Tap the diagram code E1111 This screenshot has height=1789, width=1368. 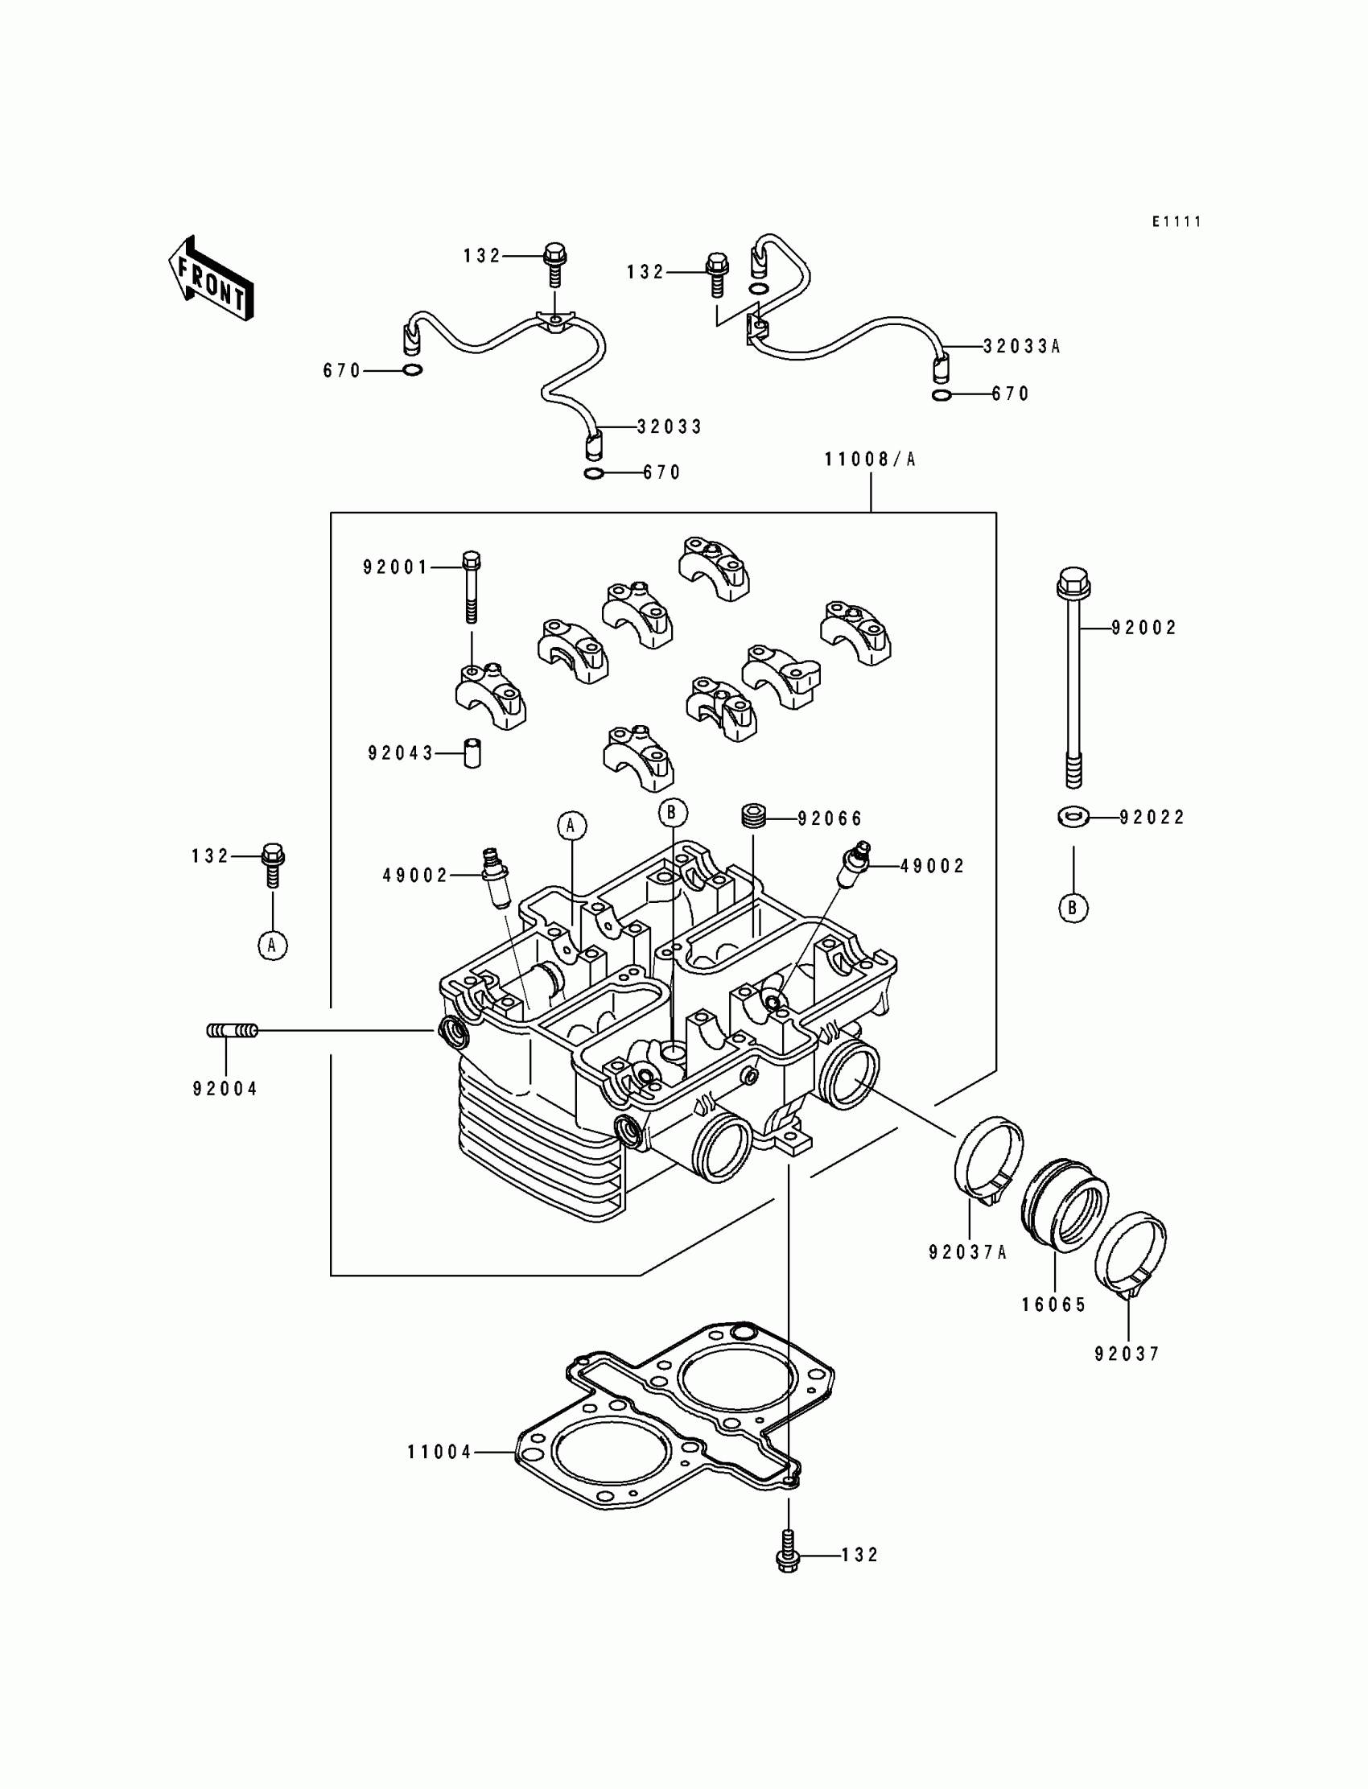1176,221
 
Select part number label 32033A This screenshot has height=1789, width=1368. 1022,346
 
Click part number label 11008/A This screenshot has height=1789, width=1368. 871,460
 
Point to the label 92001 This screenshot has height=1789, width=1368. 396,567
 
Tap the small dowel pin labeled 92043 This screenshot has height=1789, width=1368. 472,752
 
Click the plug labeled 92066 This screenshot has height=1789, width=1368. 753,816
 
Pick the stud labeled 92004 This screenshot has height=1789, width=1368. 232,1031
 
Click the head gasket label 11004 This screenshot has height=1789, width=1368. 439,1452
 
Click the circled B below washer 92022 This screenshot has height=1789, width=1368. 1073,908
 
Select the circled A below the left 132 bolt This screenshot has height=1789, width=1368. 273,946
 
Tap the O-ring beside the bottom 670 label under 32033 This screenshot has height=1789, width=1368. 595,474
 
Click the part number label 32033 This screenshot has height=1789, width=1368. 670,427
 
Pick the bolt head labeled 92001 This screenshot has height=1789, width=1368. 472,560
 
